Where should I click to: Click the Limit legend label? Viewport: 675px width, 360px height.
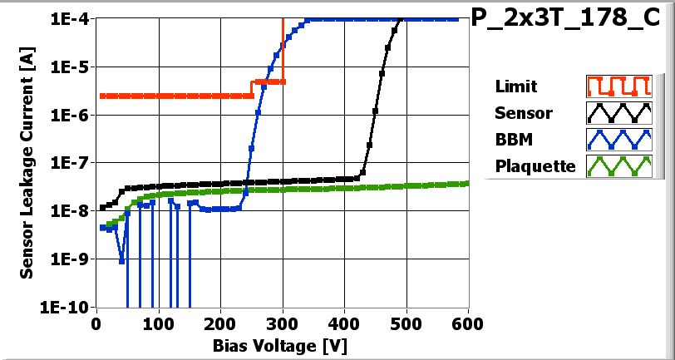tap(515, 86)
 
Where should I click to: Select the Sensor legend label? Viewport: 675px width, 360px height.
tap(523, 112)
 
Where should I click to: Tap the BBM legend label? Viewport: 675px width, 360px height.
tap(513, 139)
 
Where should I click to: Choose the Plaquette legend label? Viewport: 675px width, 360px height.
tap(535, 165)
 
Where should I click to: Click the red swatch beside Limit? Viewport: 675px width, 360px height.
tap(617, 86)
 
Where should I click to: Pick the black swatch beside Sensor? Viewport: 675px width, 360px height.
tap(617, 112)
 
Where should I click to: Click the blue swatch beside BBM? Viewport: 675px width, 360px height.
tap(617, 139)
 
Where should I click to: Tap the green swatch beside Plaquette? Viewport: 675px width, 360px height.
tap(617, 165)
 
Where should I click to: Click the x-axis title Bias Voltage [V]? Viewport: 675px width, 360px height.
tap(282, 343)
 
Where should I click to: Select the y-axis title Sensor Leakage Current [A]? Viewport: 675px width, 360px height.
tap(27, 162)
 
